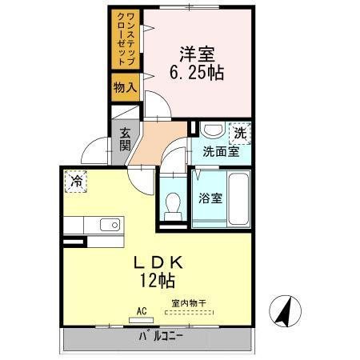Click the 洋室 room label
point(195,55)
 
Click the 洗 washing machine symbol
point(239,131)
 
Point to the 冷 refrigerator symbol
point(76,182)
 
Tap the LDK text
point(157,262)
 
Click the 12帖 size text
point(158,281)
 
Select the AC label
point(141,311)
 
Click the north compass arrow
point(283,311)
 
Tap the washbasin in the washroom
point(212,130)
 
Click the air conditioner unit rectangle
point(141,319)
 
